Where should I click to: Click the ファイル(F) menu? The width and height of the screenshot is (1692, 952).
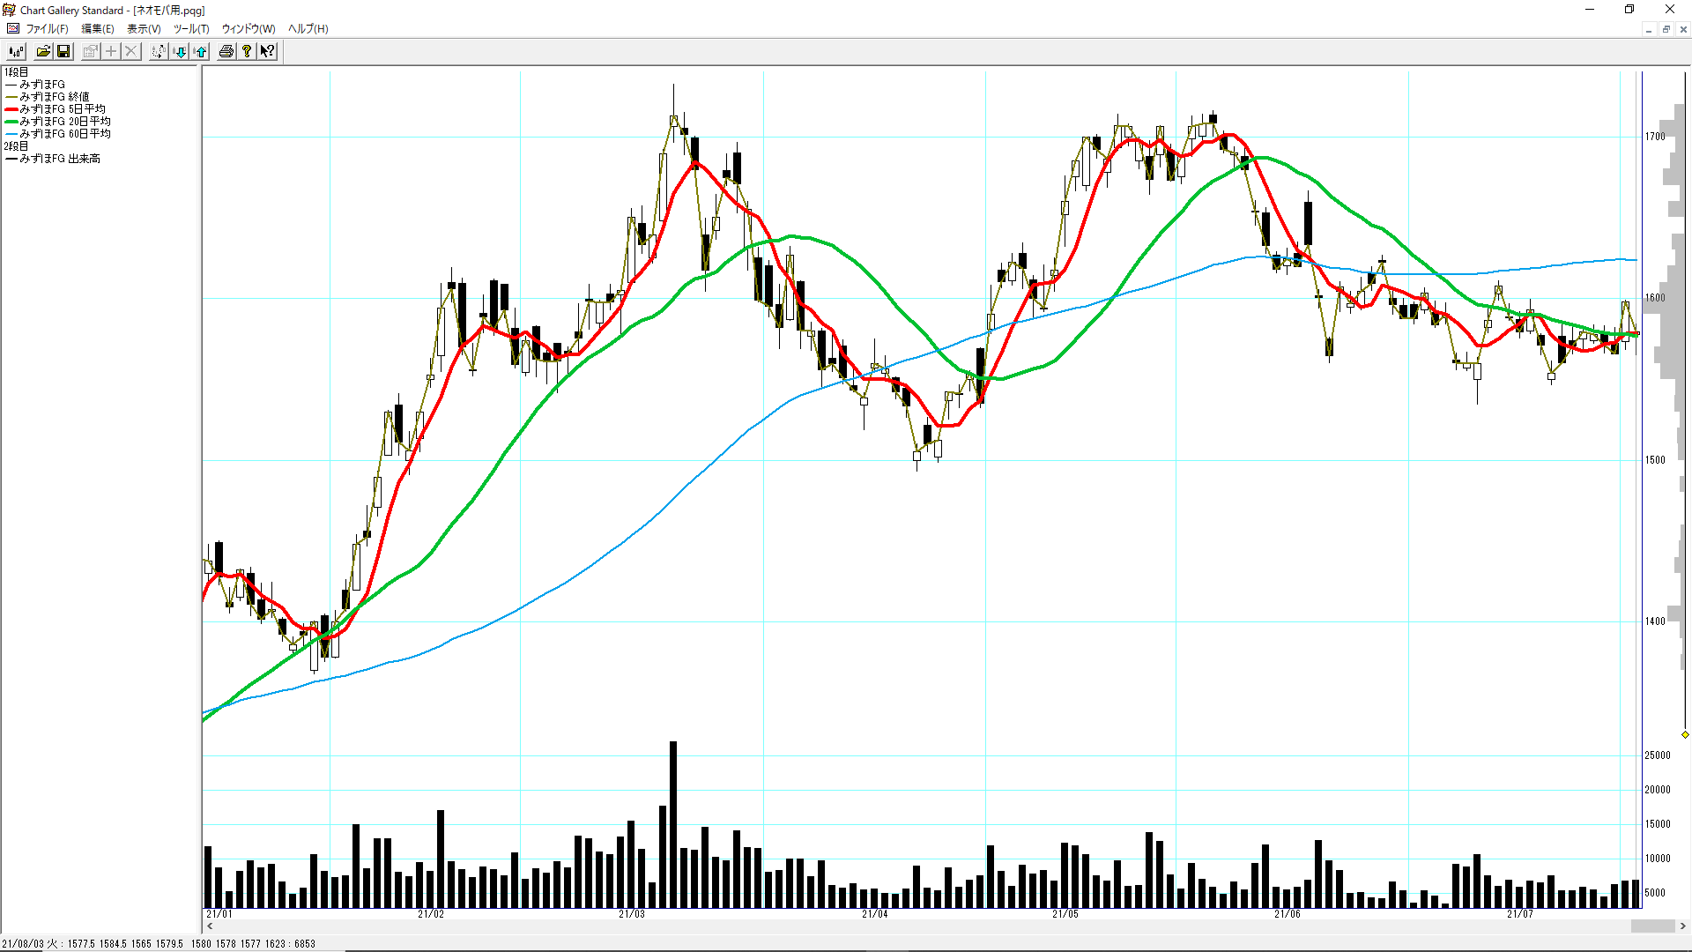(47, 29)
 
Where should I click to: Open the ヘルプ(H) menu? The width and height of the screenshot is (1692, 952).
(308, 29)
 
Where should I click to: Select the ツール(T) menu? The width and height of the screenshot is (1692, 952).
(190, 29)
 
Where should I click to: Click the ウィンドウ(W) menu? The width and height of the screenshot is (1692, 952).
(248, 29)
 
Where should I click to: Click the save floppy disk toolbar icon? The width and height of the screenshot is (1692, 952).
(63, 52)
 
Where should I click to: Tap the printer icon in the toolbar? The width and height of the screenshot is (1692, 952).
(226, 52)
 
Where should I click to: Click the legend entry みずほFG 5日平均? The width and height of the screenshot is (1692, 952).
(62, 109)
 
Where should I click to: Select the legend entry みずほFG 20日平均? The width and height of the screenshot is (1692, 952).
(64, 122)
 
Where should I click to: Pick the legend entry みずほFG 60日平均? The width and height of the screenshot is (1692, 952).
(64, 134)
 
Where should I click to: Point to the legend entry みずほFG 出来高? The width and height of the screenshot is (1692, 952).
(59, 159)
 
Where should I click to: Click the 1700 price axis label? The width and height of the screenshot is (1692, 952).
(1655, 137)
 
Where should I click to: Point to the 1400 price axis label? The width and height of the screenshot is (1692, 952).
(1655, 621)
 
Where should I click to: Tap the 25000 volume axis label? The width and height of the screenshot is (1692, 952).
(1658, 755)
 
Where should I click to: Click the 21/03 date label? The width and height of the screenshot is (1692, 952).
(632, 914)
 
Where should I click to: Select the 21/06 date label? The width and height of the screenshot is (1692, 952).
(1288, 914)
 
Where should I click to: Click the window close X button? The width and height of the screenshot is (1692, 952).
(1669, 10)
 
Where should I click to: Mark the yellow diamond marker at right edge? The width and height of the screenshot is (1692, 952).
(1685, 734)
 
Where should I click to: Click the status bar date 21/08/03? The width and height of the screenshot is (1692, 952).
(22, 944)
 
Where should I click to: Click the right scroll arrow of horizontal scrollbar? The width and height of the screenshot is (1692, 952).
(1683, 926)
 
